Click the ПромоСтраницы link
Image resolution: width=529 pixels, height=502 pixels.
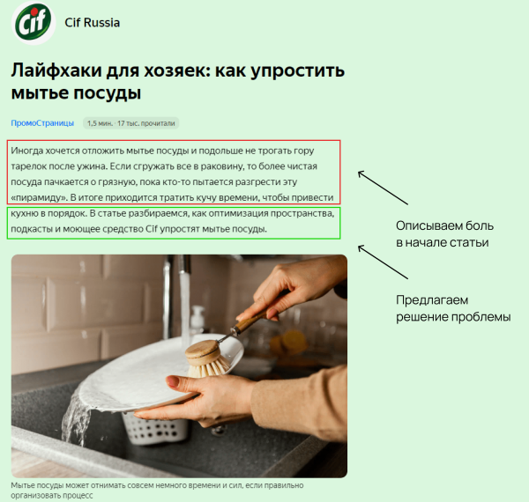coord(41,122)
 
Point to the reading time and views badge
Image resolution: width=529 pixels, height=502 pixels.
coord(131,122)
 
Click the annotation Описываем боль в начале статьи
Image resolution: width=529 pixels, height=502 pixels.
coord(442,233)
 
